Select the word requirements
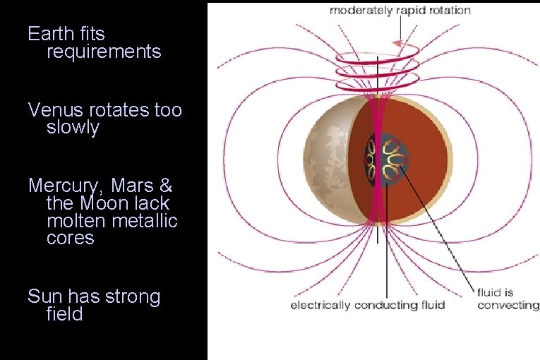(104, 52)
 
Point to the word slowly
(73, 128)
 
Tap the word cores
(70, 238)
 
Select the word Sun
(43, 296)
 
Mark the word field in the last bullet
(64, 314)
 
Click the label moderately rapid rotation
(400, 11)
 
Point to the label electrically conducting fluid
(368, 305)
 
